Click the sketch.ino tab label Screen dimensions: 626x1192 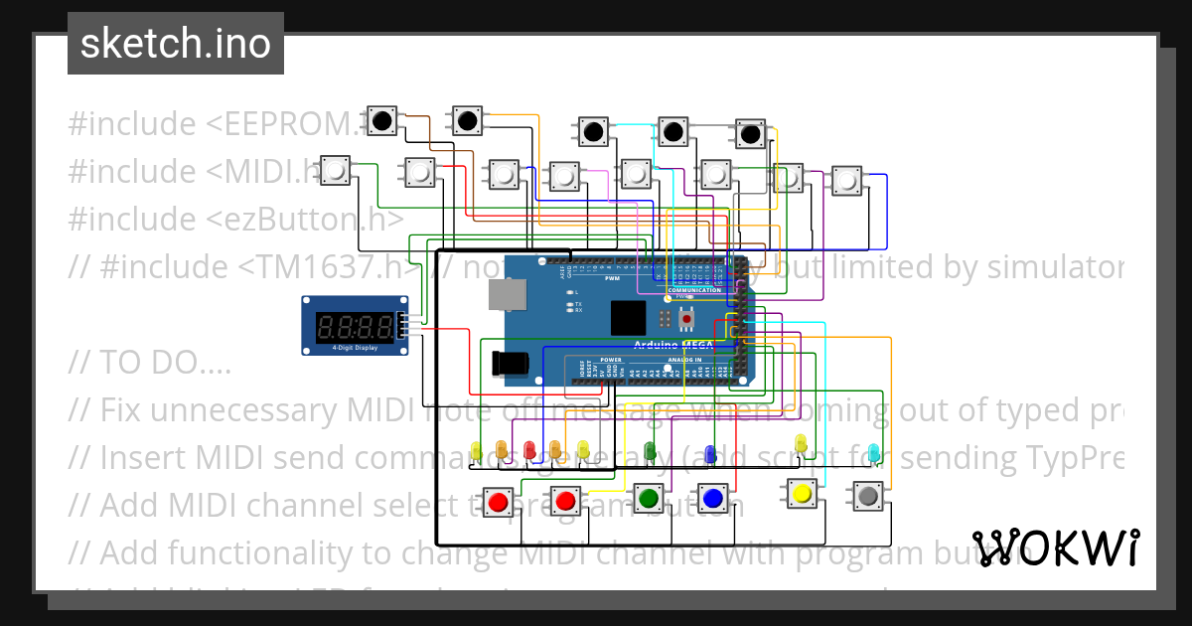175,45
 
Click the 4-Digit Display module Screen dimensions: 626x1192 355,325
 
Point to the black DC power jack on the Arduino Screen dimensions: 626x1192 513,364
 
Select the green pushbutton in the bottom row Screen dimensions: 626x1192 648,496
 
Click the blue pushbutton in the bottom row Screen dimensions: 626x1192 711,496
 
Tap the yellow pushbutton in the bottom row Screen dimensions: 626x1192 802,493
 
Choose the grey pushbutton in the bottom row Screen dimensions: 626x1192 867,494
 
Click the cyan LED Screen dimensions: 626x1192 873,453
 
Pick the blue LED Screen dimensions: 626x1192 709,454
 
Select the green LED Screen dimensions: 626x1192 650,452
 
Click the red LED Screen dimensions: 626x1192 529,450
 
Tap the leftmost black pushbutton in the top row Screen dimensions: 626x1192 382,121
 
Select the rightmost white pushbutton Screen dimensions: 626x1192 845,181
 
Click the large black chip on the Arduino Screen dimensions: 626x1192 628,317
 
